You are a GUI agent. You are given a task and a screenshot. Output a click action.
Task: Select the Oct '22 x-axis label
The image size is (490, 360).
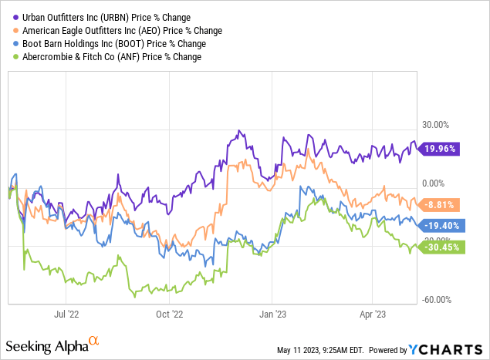(168, 314)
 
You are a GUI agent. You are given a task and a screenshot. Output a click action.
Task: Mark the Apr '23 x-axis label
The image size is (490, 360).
(373, 314)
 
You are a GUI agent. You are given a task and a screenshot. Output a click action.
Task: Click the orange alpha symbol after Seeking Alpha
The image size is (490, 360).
(94, 340)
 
